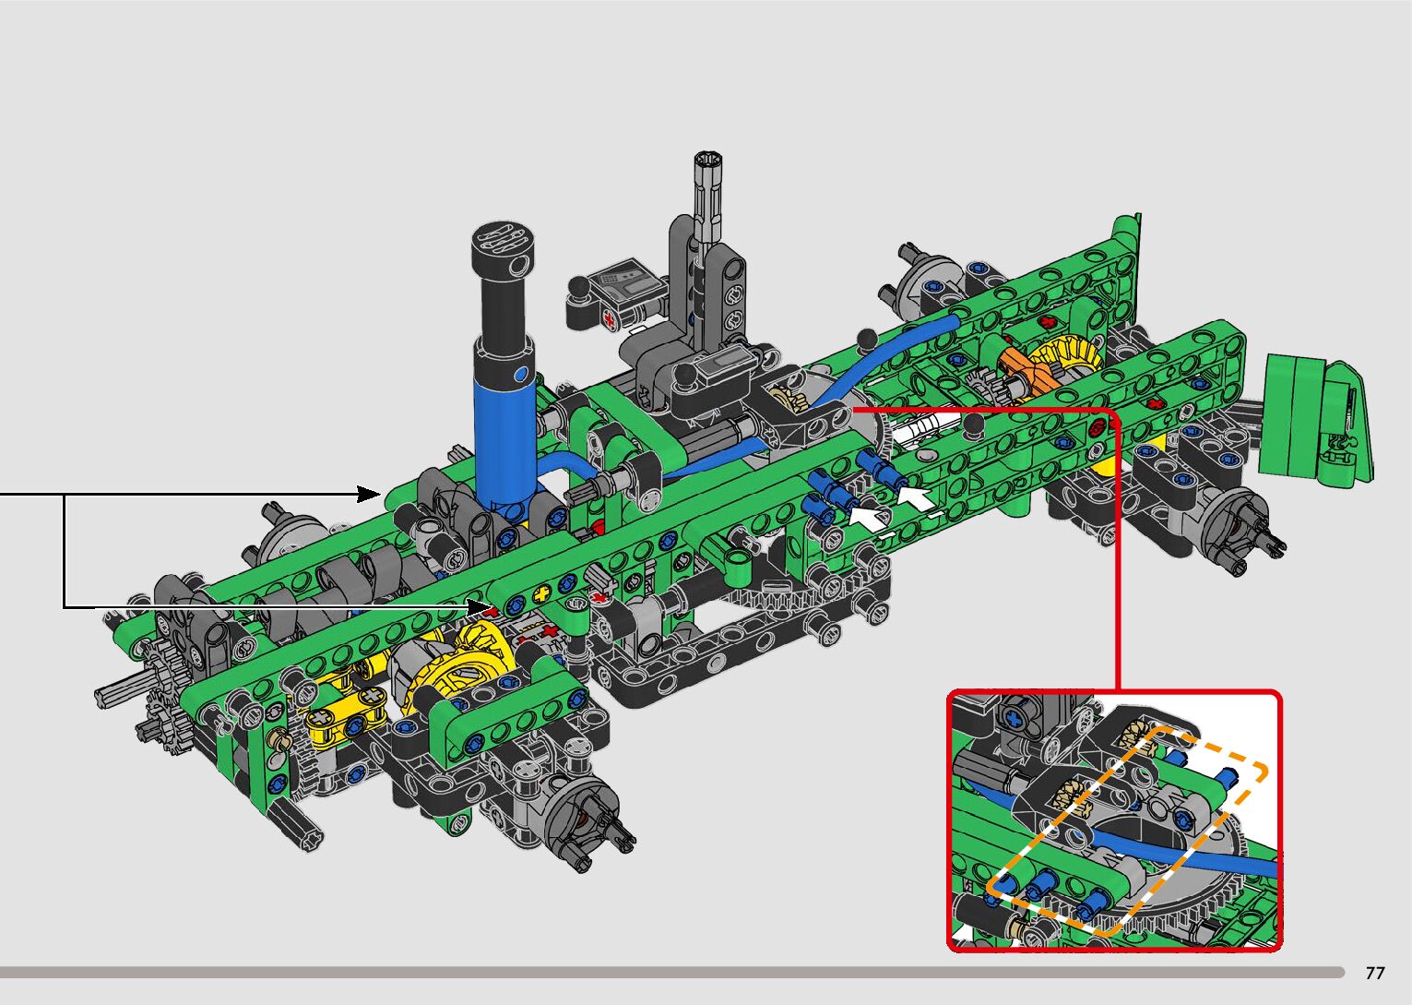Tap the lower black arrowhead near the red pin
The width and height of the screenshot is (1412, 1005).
481,607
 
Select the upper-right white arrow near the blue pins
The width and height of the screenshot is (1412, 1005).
917,497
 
